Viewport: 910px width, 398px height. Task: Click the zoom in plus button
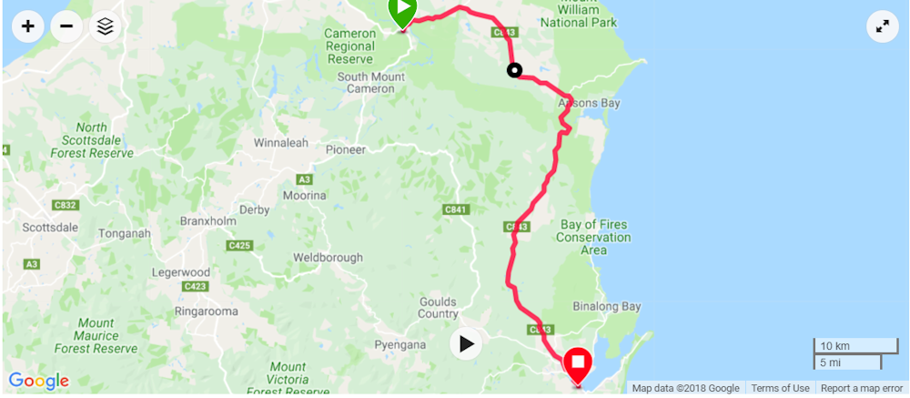tap(28, 26)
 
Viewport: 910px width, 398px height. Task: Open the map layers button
tap(106, 26)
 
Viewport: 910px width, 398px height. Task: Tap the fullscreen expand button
tap(882, 26)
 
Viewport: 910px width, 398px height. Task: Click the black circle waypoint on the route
tap(514, 70)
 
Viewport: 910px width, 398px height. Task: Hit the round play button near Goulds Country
tap(466, 343)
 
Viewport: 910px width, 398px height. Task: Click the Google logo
tap(38, 381)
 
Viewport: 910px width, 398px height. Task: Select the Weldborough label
tap(328, 258)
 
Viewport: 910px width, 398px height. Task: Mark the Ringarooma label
tap(207, 311)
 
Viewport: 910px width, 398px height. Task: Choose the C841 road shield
tap(457, 209)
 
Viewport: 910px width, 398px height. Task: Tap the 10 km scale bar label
tap(835, 346)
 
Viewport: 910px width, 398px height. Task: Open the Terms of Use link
tap(780, 388)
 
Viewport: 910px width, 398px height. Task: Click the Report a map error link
tap(861, 388)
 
